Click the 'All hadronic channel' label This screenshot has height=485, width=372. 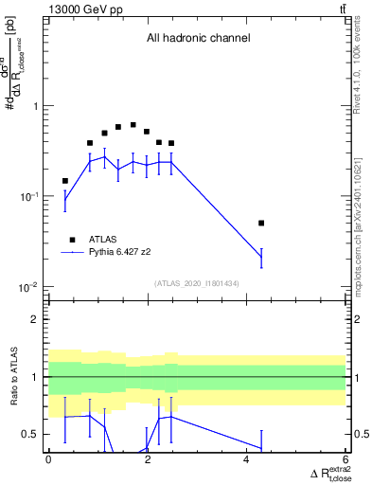coord(198,39)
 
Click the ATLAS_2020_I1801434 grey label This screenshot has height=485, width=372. coord(197,282)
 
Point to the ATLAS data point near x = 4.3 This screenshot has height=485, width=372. coord(261,224)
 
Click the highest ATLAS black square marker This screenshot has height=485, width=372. coord(133,125)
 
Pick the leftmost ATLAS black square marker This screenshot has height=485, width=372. coord(65,181)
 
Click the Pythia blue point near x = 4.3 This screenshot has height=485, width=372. coord(261,257)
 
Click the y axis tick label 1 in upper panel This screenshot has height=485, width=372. coord(36,106)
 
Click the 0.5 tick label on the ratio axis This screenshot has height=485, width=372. coord(32,435)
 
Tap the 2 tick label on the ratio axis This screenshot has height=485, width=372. coord(36,319)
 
